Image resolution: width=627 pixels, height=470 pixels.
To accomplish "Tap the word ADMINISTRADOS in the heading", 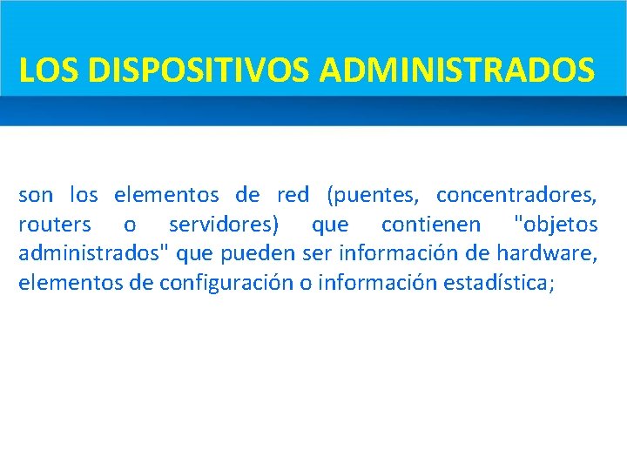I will [458, 70].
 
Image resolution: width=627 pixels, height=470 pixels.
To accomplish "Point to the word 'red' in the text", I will [293, 195].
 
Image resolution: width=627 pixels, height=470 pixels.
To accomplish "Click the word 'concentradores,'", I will [516, 195].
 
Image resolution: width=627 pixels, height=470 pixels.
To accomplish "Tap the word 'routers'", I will [54, 225].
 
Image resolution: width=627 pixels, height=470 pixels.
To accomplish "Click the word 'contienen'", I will [430, 225].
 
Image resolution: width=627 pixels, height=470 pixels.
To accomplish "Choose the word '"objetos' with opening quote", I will [556, 225].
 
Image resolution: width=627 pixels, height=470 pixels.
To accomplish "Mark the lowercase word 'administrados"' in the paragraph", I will [94, 253].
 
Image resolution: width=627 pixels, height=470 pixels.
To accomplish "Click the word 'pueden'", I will [259, 253].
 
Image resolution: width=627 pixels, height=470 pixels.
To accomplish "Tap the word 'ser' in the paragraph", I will [318, 253].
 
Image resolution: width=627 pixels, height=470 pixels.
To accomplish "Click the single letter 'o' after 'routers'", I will [130, 225].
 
